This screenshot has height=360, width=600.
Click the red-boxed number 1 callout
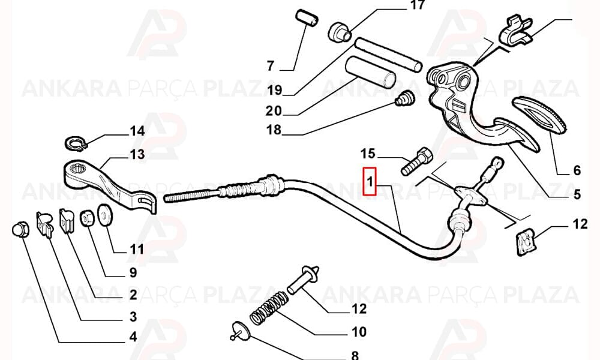370,181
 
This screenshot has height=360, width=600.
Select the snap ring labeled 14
76,143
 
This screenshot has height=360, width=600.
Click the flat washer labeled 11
105,215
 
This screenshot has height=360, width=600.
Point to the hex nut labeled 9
86,218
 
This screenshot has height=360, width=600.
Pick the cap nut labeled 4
20,229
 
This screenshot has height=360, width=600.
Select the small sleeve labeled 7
307,18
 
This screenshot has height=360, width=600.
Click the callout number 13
137,155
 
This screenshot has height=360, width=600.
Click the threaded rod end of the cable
192,195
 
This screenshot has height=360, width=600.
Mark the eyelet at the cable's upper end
497,162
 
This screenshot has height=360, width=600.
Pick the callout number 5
577,194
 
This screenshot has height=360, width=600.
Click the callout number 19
275,90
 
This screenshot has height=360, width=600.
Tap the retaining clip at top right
515,30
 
